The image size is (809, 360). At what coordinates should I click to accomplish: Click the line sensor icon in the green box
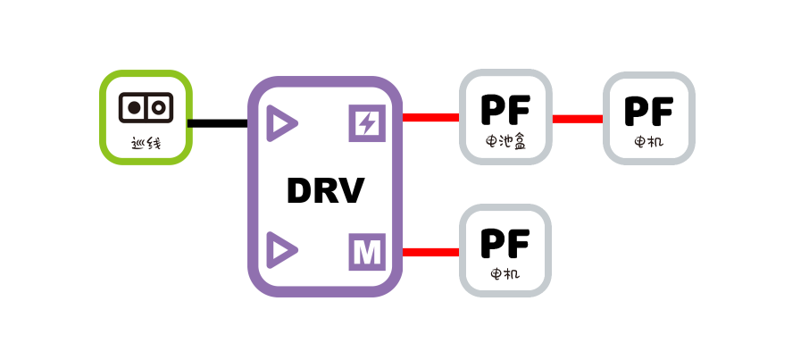[x=145, y=107]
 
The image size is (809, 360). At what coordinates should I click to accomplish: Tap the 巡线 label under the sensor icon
[x=145, y=141]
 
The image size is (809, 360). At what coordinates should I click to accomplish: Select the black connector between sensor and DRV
[x=219, y=123]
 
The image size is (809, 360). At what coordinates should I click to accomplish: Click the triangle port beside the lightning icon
[x=282, y=123]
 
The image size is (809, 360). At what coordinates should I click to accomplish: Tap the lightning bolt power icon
[x=365, y=123]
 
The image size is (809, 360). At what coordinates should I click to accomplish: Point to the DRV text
[x=325, y=191]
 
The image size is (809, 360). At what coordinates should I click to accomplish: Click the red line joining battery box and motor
[x=577, y=118]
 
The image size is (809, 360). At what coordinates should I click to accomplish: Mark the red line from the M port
[x=430, y=252]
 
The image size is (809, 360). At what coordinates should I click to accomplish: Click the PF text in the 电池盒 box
[x=505, y=109]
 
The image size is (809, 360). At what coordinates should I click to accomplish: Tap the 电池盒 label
[x=505, y=141]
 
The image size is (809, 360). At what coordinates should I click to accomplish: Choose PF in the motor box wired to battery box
[x=648, y=110]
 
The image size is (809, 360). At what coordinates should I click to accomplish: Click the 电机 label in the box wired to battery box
[x=648, y=141]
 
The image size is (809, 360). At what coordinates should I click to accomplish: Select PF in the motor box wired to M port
[x=505, y=243]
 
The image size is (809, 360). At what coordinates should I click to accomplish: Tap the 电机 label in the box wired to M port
[x=505, y=274]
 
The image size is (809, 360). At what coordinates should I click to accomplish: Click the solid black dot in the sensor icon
[x=134, y=107]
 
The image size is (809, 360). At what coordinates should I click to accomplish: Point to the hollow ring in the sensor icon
[x=157, y=107]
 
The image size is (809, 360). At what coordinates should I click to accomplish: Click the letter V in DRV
[x=351, y=191]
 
